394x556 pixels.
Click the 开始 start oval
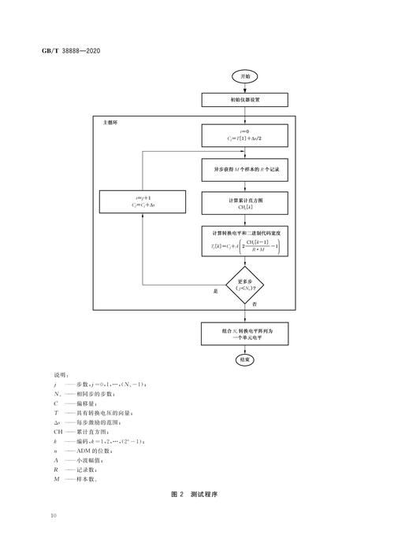(244, 76)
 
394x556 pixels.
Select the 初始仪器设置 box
(244, 101)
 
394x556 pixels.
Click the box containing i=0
(244, 136)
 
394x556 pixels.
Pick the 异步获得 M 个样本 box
(244, 169)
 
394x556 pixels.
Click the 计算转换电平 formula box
(244, 241)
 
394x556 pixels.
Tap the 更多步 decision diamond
(244, 284)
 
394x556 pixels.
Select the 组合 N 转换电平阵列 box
(244, 333)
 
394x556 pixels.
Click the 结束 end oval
(244, 359)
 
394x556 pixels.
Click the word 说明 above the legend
(61, 377)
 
